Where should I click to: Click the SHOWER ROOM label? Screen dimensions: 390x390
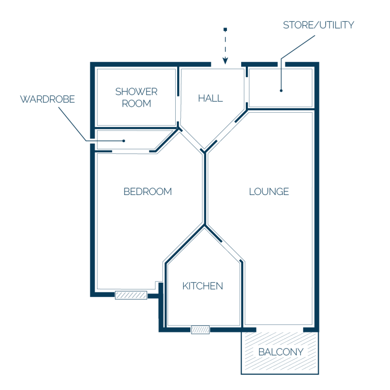pyautogui.click(x=136, y=97)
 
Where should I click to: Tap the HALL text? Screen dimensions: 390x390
pyautogui.click(x=210, y=98)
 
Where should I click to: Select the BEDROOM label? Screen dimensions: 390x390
pyautogui.click(x=148, y=191)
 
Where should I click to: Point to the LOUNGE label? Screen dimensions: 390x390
pyautogui.click(x=269, y=191)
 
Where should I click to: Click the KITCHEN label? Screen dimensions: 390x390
pyautogui.click(x=203, y=286)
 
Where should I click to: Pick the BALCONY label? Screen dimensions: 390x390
pyautogui.click(x=281, y=352)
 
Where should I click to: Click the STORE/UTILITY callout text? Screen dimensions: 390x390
pyautogui.click(x=318, y=25)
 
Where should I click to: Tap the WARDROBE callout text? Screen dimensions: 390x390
pyautogui.click(x=47, y=99)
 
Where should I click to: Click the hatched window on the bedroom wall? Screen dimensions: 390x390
pyautogui.click(x=131, y=295)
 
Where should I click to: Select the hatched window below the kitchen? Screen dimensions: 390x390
pyautogui.click(x=200, y=330)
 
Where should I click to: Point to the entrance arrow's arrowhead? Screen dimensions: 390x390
pyautogui.click(x=225, y=61)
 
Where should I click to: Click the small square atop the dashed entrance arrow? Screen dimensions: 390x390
pyautogui.click(x=225, y=29)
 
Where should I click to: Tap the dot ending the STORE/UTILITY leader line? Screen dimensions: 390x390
pyautogui.click(x=281, y=90)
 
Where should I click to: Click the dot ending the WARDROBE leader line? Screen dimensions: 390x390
pyautogui.click(x=123, y=141)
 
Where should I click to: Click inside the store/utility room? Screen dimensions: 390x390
pyautogui.click(x=280, y=88)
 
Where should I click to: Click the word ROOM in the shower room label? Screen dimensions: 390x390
pyautogui.click(x=136, y=104)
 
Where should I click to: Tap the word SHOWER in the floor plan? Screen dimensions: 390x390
pyautogui.click(x=136, y=91)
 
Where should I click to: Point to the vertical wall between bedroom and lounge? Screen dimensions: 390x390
pyautogui.click(x=205, y=189)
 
